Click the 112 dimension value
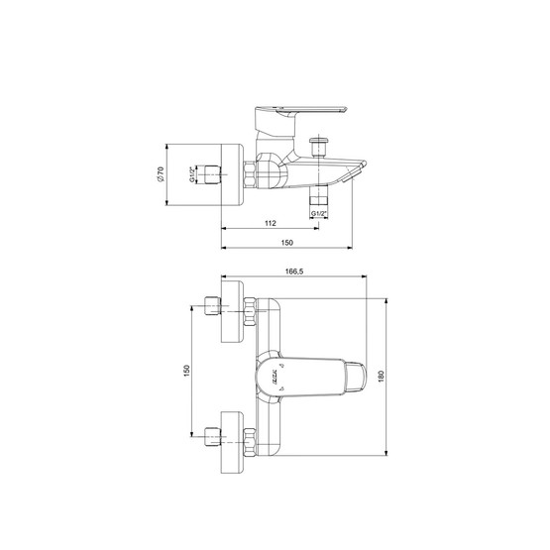coord(271,223)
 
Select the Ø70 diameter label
coord(160,174)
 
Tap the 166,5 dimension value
coord(294,272)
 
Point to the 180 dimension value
coord(382,376)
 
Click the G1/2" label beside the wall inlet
coord(192,174)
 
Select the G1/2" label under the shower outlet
coord(319,214)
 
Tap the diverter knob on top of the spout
coord(318,147)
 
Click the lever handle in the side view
coord(300,118)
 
